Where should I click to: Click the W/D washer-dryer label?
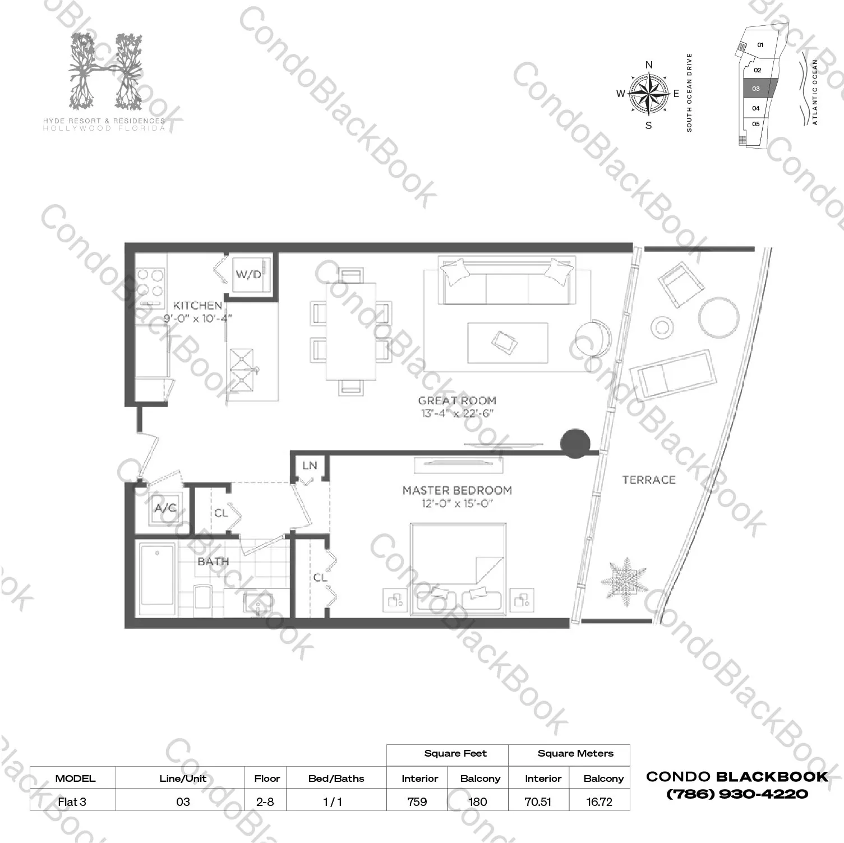point(248,274)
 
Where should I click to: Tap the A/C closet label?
point(165,508)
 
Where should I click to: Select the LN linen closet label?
point(310,466)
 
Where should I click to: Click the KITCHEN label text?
point(197,305)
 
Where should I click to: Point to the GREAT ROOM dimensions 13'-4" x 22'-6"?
point(458,414)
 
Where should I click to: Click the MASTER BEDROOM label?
point(457,490)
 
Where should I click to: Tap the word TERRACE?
point(649,480)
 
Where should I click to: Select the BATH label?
point(213,561)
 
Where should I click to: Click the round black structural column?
point(575,443)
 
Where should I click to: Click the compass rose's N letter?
point(649,65)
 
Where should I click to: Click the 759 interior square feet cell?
point(417,801)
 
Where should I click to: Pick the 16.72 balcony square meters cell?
point(599,801)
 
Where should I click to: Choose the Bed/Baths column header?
point(336,778)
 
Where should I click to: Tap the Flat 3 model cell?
point(72,801)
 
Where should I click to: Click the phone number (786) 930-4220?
point(737,794)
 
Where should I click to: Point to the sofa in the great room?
point(508,280)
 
